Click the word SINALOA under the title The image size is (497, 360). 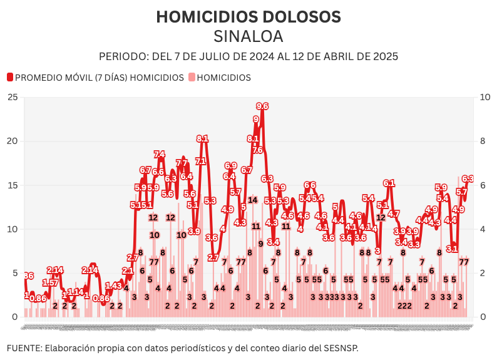pyautogui.click(x=248, y=36)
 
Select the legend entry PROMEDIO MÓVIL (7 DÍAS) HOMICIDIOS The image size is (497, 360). pyautogui.click(x=99, y=78)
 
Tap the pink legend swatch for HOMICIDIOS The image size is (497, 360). pyautogui.click(x=192, y=78)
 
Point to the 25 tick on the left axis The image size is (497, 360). pyautogui.click(x=13, y=97)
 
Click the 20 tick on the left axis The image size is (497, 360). pyautogui.click(x=13, y=141)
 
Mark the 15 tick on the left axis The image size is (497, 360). pyautogui.click(x=13, y=185)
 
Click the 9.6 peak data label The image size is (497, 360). pyautogui.click(x=262, y=106)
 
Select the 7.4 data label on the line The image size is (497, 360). pyautogui.click(x=160, y=154)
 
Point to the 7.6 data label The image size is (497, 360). pyautogui.click(x=257, y=150)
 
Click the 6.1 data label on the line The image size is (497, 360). pyautogui.click(x=389, y=183)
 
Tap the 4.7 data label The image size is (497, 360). pyautogui.click(x=394, y=213)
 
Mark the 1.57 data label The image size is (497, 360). pyautogui.click(x=50, y=283)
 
